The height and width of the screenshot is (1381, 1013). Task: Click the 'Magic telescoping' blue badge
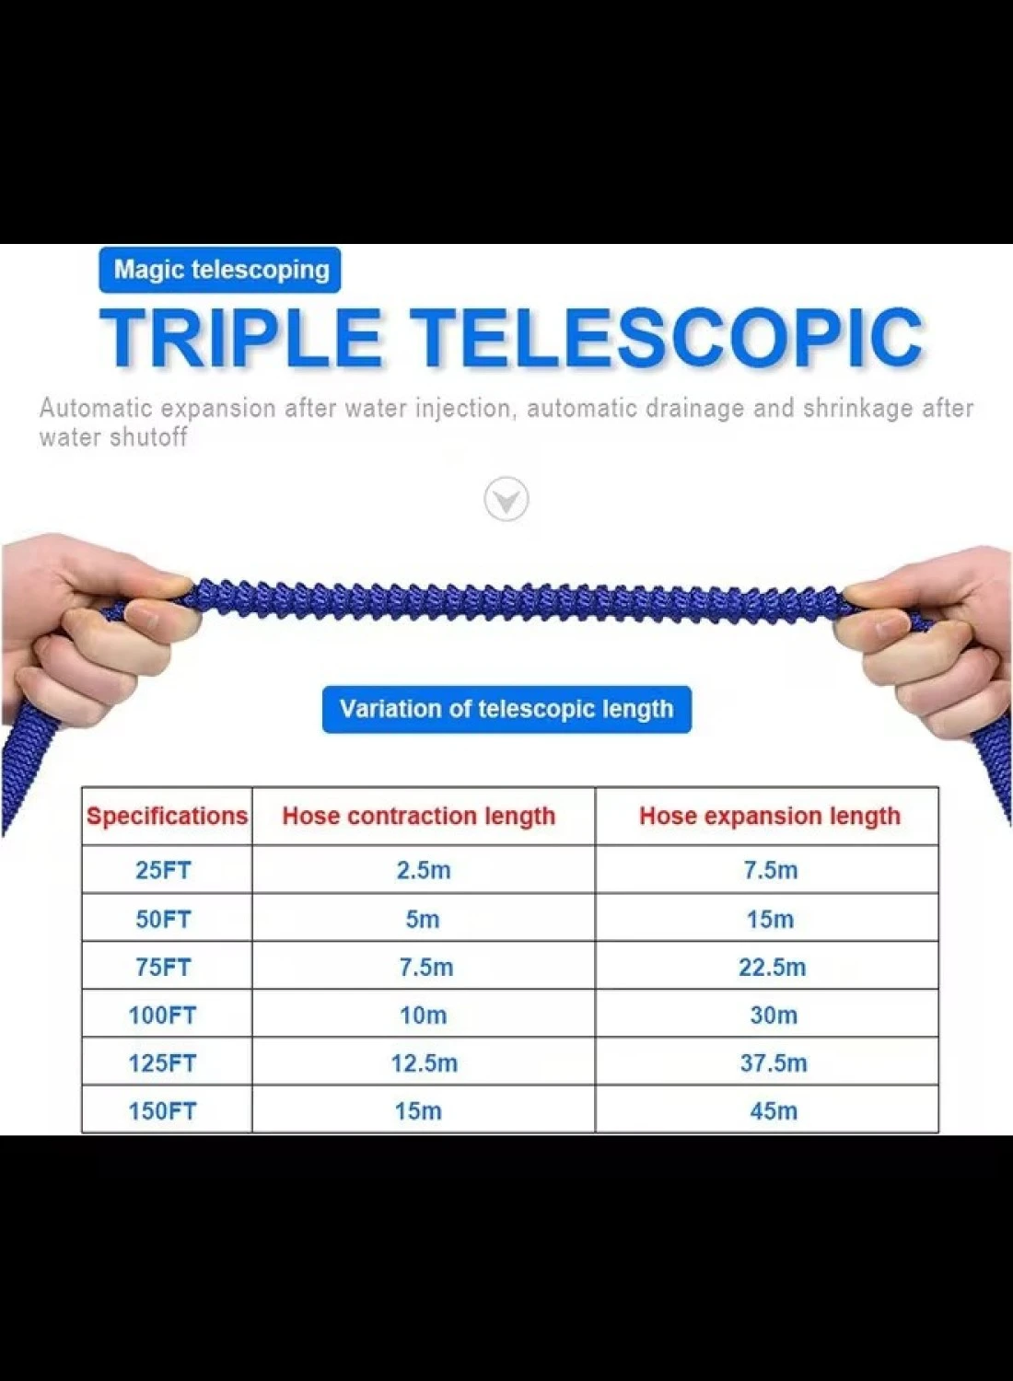point(219,270)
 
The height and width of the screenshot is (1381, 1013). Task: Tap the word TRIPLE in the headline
point(241,337)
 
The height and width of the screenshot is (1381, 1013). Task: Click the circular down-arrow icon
point(506,499)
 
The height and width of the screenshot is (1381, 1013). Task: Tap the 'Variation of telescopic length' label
point(506,710)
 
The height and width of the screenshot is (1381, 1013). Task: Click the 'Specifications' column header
point(167,816)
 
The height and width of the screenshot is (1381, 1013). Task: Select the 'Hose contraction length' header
point(419,817)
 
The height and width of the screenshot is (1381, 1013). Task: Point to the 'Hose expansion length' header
point(770,817)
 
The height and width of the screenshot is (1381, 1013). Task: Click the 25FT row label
point(163,870)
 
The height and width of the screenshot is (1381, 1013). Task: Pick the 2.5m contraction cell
point(424,870)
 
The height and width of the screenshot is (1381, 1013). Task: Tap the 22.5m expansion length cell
point(772,968)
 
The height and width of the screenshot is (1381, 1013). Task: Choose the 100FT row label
point(162,1015)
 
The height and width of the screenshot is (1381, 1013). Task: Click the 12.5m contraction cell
point(425,1063)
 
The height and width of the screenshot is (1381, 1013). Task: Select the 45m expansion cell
point(774,1111)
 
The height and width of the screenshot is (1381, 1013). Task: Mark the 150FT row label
point(162,1111)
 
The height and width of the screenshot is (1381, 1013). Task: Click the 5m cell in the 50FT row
point(423,919)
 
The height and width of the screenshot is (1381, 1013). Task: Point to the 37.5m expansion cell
point(774,1063)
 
